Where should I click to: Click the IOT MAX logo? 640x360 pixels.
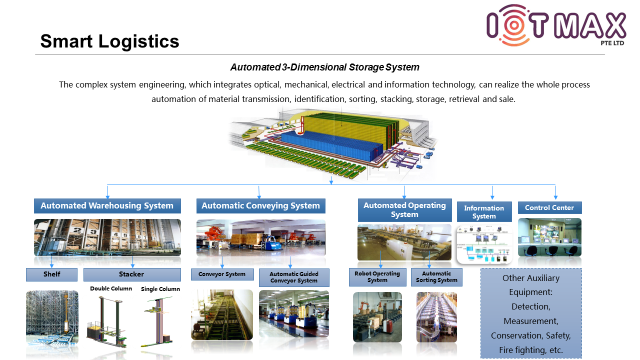coord(556,25)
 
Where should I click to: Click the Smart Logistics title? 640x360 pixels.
coord(109,41)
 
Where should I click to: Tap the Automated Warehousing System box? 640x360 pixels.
coord(107,206)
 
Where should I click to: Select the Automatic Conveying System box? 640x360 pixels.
coord(260,206)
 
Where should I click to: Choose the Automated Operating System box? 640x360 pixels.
coord(404,210)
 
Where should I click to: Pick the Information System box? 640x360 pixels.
coord(484,212)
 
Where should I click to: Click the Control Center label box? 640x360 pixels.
coord(549,207)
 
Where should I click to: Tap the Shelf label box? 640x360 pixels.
coord(51,274)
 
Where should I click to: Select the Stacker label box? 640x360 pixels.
coord(131,274)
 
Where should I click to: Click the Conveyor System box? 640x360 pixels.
coord(221,274)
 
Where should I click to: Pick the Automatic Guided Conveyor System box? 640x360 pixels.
coord(294,277)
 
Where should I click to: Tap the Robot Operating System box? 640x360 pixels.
coord(377,277)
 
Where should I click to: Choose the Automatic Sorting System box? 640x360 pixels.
coord(436,277)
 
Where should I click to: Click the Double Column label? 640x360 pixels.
coord(111,288)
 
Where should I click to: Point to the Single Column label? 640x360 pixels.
coord(160,289)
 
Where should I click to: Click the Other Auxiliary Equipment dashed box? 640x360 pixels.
coord(531,313)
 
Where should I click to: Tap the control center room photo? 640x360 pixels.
coord(549,237)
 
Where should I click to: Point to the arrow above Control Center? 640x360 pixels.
coord(555,192)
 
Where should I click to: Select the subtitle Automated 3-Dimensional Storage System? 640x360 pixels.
coord(324,67)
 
